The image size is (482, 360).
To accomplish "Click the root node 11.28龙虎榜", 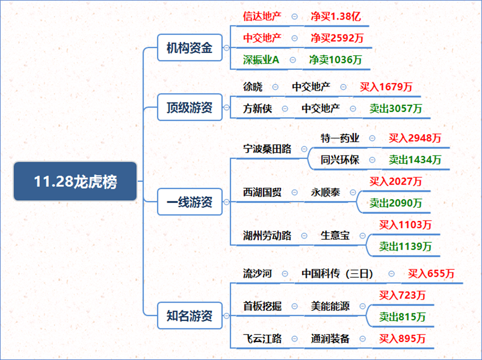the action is [x=75, y=181].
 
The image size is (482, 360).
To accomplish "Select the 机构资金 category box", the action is [x=190, y=48].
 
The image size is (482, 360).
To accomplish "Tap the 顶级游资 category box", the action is [x=190, y=107].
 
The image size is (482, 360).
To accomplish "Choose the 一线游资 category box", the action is [x=190, y=201].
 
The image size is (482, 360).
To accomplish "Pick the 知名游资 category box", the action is [x=190, y=316].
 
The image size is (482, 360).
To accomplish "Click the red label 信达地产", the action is [x=262, y=16].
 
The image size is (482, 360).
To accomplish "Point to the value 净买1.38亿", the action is [x=336, y=16].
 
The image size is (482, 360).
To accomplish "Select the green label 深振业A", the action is [x=261, y=59].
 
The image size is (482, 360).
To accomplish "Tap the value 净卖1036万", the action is [x=335, y=59].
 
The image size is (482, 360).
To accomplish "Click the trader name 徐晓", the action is [x=253, y=87].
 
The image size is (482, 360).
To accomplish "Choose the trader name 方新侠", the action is [x=257, y=109].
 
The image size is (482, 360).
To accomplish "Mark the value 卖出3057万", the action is [x=396, y=109].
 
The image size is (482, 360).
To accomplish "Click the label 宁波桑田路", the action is [x=267, y=149].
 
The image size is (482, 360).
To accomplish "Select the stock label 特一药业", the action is [x=340, y=138].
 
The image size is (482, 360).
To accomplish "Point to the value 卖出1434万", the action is [x=415, y=160].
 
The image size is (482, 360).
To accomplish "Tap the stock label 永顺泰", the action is [x=326, y=192].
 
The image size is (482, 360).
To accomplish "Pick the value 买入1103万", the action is [x=405, y=225].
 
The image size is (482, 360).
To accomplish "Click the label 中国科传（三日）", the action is [x=337, y=274].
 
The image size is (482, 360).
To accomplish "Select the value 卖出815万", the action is [x=402, y=317].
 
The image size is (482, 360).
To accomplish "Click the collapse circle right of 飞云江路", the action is [x=294, y=339].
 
